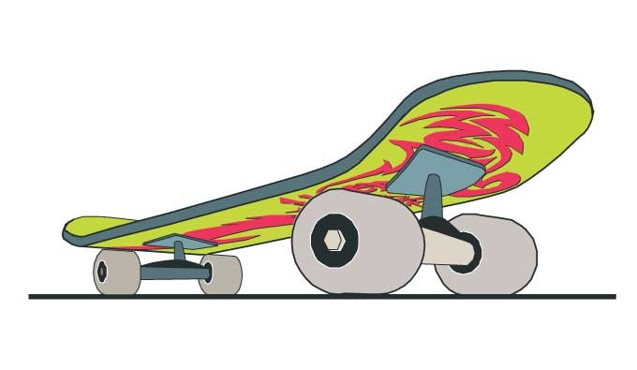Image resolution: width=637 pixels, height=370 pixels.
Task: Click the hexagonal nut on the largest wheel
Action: point(334,241)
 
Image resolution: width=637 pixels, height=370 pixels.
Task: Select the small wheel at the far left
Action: point(114,273)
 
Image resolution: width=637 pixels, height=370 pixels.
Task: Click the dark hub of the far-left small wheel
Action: point(101,273)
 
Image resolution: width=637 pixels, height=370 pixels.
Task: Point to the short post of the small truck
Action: point(178,254)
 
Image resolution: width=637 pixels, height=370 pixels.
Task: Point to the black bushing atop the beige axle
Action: point(437,226)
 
